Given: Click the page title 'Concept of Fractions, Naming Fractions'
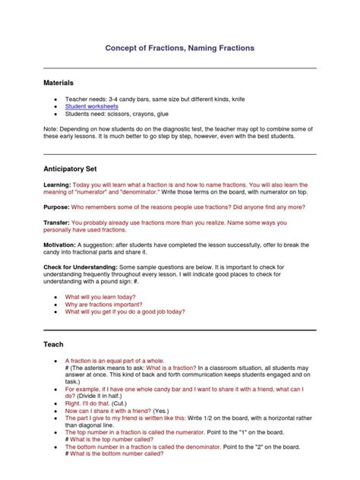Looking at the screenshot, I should (x=179, y=48).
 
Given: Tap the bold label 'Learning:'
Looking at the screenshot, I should (x=57, y=185).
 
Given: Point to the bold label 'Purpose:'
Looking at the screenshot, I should (x=57, y=207).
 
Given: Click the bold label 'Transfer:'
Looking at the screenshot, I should (x=58, y=223).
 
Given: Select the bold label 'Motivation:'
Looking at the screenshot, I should (x=61, y=245).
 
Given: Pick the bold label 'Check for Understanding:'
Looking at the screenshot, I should (x=84, y=267).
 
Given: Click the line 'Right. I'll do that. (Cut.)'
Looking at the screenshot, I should (x=108, y=404).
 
